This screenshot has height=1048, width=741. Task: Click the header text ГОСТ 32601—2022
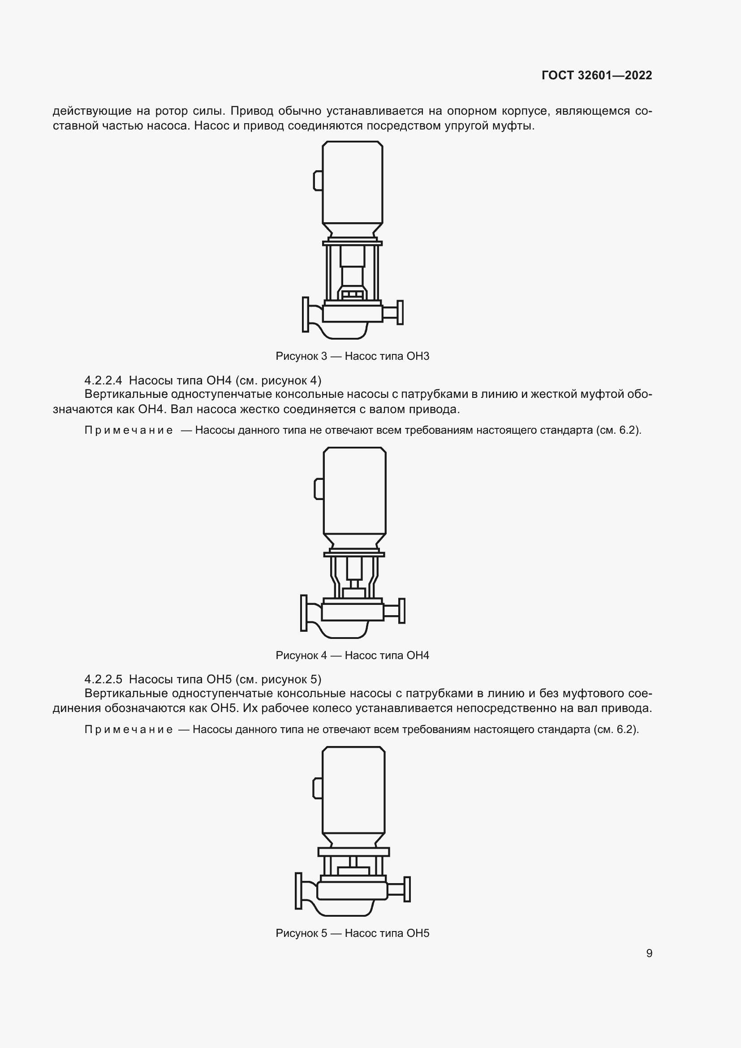coord(596,76)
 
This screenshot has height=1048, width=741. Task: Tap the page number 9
coord(649,953)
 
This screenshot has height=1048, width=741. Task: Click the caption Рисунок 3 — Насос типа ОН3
coord(352,356)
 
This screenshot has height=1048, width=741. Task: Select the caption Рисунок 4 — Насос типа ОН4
coord(352,656)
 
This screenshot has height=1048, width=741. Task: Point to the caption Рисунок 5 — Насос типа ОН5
coord(352,933)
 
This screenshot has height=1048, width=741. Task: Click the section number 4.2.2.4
coord(103,380)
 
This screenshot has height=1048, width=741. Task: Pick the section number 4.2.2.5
coord(103,679)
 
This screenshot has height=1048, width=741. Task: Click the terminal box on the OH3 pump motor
coord(318,180)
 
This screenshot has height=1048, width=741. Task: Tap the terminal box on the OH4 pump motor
coord(319,488)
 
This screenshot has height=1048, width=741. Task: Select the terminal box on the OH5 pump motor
coord(317,788)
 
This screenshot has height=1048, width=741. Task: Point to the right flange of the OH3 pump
coord(400,312)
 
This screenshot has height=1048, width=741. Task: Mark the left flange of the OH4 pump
coord(304,612)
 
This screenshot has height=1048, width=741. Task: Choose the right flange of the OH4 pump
coord(401,611)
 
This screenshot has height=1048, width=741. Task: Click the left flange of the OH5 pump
coord(298,891)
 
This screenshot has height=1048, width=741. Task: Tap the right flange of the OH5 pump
coord(407,889)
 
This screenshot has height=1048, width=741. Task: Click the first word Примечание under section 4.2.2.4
coord(129,430)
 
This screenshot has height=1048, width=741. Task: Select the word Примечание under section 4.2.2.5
coord(129,729)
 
